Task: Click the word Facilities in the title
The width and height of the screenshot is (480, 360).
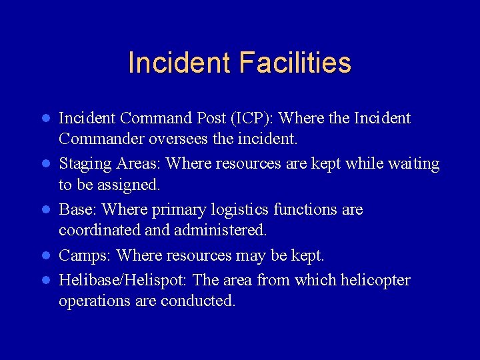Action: tap(294, 63)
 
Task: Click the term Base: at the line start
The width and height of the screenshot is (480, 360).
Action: tap(79, 210)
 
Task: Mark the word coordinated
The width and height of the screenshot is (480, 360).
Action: tap(99, 231)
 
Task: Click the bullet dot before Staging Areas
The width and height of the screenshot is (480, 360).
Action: tap(46, 164)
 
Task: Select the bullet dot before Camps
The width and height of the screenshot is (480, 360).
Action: tap(46, 255)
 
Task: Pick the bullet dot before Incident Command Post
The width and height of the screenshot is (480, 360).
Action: tap(46, 119)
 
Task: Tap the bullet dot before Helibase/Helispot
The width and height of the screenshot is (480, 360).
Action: tap(46, 280)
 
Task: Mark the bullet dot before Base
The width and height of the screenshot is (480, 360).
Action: tap(46, 210)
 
